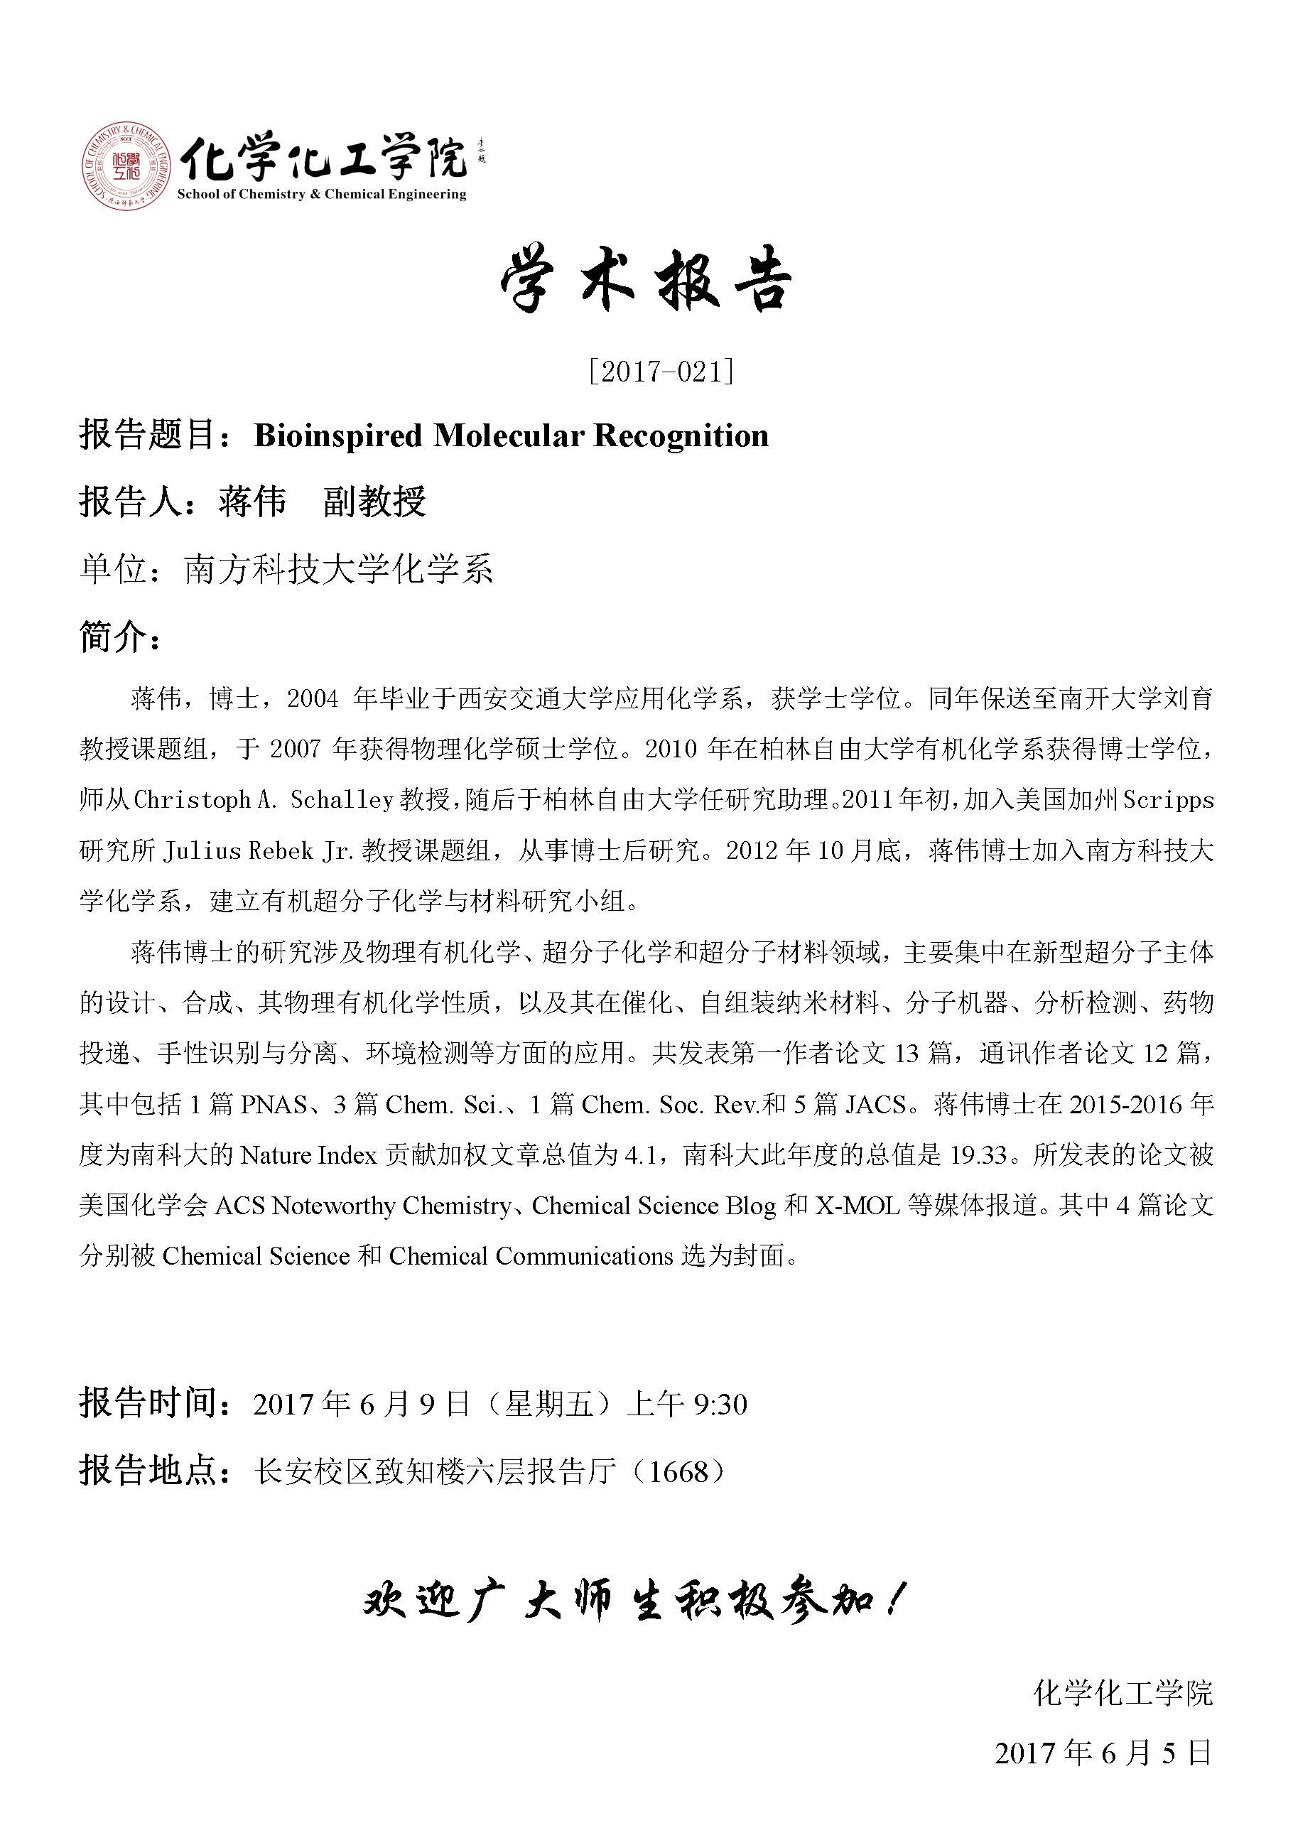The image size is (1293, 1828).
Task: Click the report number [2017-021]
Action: [x=661, y=372]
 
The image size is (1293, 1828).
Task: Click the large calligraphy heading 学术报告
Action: [x=646, y=283]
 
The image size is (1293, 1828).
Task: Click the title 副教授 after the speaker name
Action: [x=375, y=502]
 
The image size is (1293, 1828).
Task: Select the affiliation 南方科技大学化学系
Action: [x=338, y=569]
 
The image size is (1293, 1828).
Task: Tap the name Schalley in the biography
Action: [x=342, y=800]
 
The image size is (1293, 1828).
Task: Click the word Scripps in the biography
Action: [x=1168, y=800]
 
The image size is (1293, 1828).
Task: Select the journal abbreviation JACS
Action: [x=876, y=1104]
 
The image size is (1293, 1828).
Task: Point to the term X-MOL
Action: [x=857, y=1206]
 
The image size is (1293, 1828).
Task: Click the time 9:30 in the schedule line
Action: [x=720, y=1405]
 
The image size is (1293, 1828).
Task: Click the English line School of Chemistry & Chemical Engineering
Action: [x=322, y=194]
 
